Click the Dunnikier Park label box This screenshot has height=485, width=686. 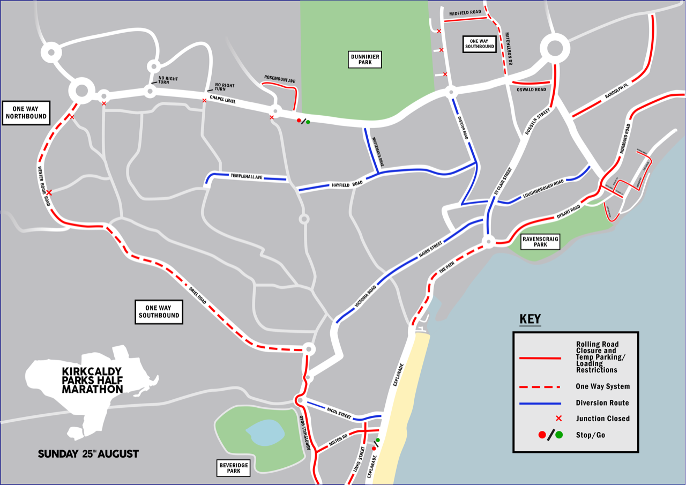tap(365, 59)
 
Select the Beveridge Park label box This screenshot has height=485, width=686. tap(234, 468)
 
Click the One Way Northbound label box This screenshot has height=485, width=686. tap(26, 113)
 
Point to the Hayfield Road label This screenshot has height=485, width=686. tap(347, 184)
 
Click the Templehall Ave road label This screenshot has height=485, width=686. tap(247, 176)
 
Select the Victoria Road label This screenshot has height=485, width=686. tap(366, 296)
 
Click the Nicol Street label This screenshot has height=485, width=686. tap(339, 413)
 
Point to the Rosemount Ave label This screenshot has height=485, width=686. tap(280, 79)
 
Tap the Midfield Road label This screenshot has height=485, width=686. tap(465, 12)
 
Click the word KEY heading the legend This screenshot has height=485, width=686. tap(530, 319)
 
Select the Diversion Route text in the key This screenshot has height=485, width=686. tap(602, 403)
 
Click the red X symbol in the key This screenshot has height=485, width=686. tap(558, 418)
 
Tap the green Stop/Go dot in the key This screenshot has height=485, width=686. tap(559, 435)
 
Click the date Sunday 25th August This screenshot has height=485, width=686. tap(88, 454)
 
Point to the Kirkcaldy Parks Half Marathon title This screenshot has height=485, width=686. tap(92, 380)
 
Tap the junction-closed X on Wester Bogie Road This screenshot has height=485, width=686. tap(49, 192)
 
